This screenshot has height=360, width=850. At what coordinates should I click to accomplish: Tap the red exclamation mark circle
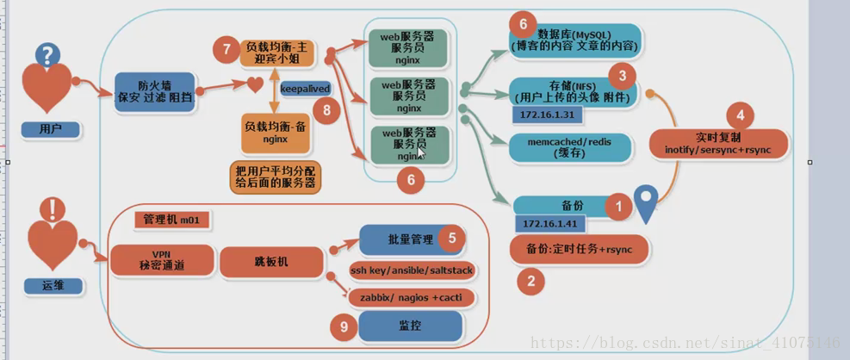[53, 209]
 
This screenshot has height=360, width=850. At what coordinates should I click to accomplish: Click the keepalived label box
[306, 88]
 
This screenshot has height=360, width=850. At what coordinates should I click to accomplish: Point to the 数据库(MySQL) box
[574, 39]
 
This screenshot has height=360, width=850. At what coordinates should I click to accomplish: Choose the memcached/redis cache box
[570, 146]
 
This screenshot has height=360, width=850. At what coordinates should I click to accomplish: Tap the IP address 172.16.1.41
[548, 224]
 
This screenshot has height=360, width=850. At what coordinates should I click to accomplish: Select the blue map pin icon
[645, 202]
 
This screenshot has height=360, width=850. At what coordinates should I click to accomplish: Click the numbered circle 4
[741, 115]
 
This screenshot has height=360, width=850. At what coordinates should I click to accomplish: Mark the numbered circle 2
[530, 280]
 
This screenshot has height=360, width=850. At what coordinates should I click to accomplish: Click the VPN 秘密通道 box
[161, 258]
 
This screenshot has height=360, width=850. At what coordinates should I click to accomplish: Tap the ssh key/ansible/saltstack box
[412, 270]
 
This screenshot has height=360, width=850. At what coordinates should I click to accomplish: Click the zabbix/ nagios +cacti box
[412, 298]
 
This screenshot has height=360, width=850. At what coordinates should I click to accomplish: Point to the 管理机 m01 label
[171, 220]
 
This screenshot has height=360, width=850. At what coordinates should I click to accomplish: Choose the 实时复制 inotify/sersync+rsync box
[717, 144]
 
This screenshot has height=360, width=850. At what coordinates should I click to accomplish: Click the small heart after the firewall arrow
[255, 84]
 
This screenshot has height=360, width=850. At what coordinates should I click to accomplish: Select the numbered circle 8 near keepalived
[326, 109]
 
